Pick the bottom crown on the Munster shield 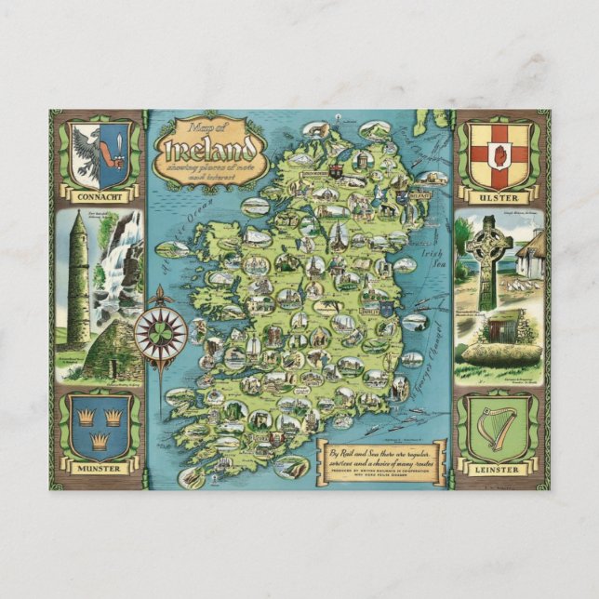click(x=100, y=438)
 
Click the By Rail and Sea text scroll click(x=381, y=459)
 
